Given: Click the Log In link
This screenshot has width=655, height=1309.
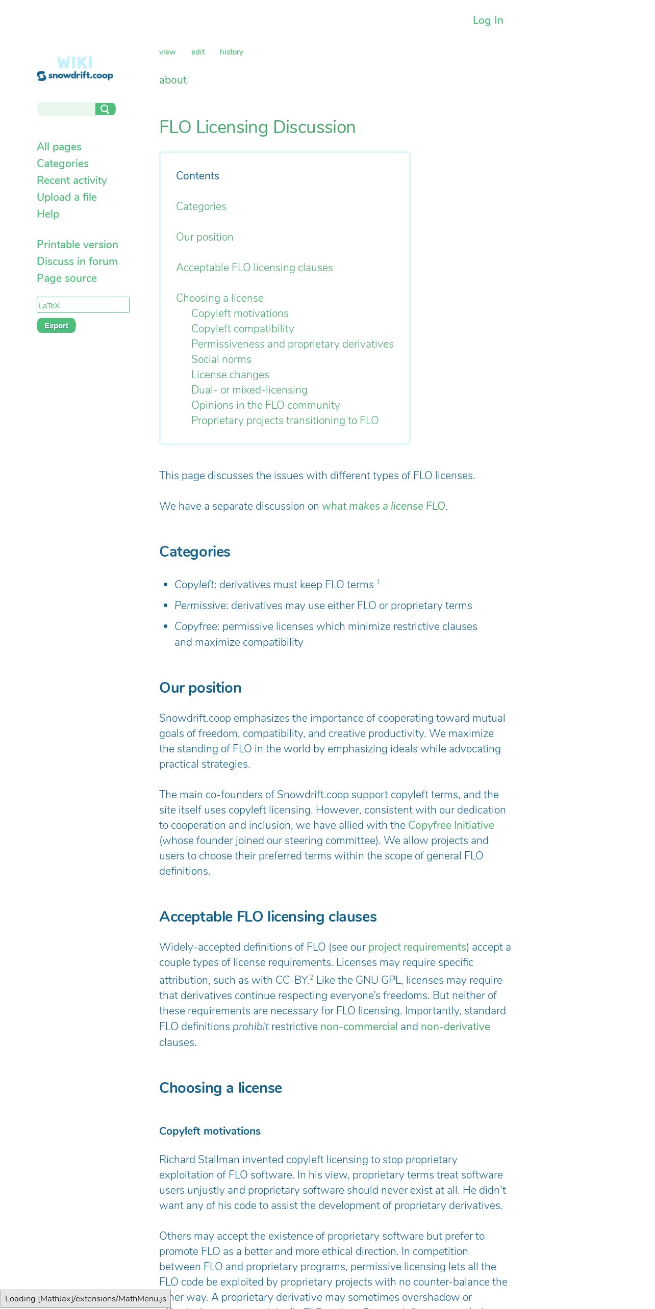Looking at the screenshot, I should coord(488,20).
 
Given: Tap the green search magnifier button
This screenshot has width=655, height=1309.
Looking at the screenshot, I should coord(105,109).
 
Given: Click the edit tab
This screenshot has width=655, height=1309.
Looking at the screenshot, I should coord(198,52).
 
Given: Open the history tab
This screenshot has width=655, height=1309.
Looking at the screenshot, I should coord(231,52).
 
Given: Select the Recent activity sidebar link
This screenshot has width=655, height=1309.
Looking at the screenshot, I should coord(72,180).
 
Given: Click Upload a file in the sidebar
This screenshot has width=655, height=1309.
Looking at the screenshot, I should coord(67,197).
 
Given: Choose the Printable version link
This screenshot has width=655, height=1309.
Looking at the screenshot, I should coord(78,245).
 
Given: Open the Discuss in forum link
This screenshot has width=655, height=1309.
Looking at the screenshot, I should coord(77,261).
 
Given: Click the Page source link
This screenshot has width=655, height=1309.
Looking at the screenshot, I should coord(67,278).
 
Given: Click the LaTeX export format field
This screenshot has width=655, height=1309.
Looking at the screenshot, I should coord(83,305).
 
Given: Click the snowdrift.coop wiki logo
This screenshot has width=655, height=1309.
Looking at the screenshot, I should coord(75,69).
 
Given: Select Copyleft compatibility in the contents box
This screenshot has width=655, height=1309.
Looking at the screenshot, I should coord(242,329).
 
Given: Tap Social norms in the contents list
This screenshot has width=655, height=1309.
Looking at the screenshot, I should coord(221,359).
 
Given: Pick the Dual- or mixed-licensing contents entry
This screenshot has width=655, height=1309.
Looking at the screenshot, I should coord(249,390).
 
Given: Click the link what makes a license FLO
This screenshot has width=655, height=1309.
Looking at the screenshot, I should coord(383,506).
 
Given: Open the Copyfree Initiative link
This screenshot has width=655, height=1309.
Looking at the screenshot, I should coord(451,825).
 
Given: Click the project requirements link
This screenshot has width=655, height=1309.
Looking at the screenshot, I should coord(417,947).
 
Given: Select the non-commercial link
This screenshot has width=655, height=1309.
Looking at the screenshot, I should coord(359,1027).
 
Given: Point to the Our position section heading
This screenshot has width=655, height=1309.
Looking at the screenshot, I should coord(200,688).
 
